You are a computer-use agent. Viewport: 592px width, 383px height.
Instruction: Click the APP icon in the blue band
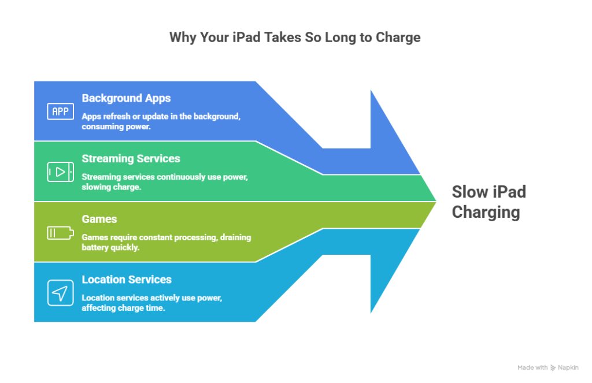point(60,111)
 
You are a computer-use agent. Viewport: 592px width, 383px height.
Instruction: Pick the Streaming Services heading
point(131,158)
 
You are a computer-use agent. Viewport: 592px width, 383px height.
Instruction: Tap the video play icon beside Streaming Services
point(60,172)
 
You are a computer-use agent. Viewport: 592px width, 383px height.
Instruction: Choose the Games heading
point(99,219)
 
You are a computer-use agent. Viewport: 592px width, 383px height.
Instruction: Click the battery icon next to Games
point(60,233)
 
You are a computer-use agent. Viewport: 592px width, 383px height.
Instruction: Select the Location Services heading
point(127,280)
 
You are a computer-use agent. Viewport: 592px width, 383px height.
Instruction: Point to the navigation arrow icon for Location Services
point(60,293)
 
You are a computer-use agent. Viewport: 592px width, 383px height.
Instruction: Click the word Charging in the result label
point(486,212)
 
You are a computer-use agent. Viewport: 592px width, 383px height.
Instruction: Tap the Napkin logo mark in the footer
point(553,367)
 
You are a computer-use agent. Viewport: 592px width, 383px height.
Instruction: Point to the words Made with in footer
point(532,367)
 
